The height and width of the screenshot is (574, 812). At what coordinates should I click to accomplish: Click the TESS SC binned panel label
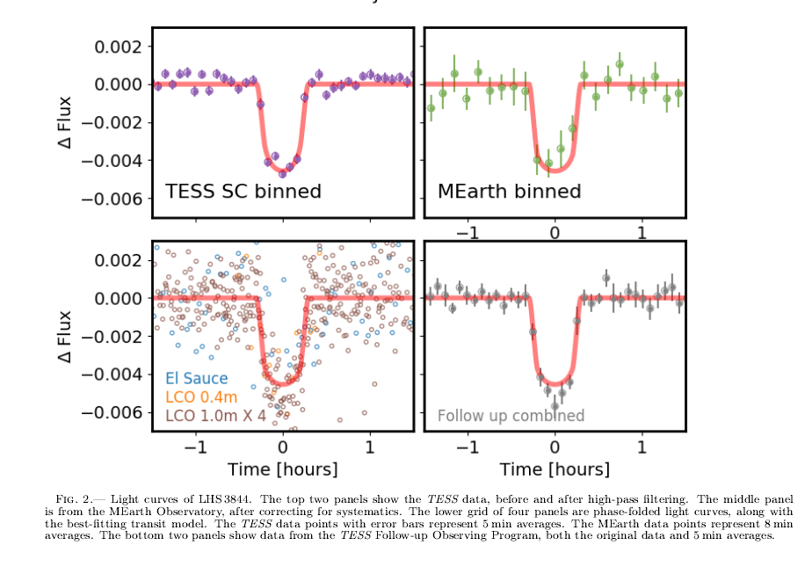point(243,192)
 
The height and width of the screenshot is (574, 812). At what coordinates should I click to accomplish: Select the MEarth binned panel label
point(510,192)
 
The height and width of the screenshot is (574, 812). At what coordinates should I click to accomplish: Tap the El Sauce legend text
point(197,380)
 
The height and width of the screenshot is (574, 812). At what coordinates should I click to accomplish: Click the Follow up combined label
point(511,416)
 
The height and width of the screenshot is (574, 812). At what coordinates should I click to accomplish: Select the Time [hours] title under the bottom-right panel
point(555,469)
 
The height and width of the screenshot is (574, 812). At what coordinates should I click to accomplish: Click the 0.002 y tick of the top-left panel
point(116,46)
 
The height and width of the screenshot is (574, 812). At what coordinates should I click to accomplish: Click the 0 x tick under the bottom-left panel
point(283,446)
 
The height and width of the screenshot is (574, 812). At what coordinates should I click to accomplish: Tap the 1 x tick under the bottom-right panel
point(642,446)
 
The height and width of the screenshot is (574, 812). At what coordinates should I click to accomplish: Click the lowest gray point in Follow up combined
point(555,406)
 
